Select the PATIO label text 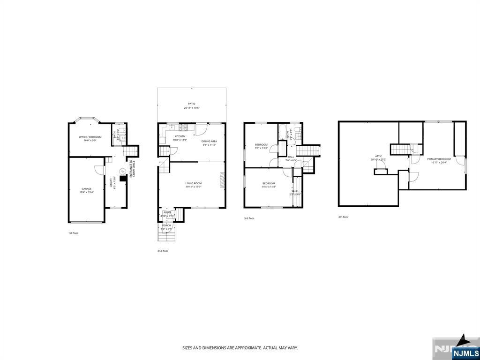pyautogui.click(x=192, y=104)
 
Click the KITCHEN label pyautogui.click(x=180, y=136)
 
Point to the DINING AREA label pyautogui.click(x=209, y=141)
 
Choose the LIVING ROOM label pyautogui.click(x=193, y=183)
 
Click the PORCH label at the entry pyautogui.click(x=166, y=225)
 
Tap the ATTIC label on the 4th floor pyautogui.click(x=378, y=156)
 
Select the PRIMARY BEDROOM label pyautogui.click(x=439, y=159)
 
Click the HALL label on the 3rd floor pyautogui.click(x=291, y=157)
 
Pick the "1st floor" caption pyautogui.click(x=74, y=232)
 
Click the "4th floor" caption pyautogui.click(x=343, y=217)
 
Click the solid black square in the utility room pyautogui.click(x=123, y=178)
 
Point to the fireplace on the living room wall pyautogui.click(x=222, y=179)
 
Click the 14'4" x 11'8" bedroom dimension pyautogui.click(x=269, y=187)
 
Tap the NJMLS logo pyautogui.click(x=465, y=352)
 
